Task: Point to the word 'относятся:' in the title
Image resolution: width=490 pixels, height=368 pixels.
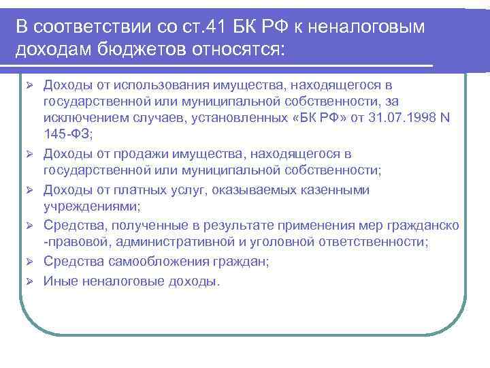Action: pyautogui.click(x=234, y=50)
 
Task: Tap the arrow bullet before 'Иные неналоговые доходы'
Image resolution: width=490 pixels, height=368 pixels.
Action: pyautogui.click(x=29, y=280)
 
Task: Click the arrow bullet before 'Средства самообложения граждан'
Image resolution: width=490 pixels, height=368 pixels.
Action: pyautogui.click(x=29, y=262)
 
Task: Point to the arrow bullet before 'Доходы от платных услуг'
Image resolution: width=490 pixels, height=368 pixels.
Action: pyautogui.click(x=29, y=189)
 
